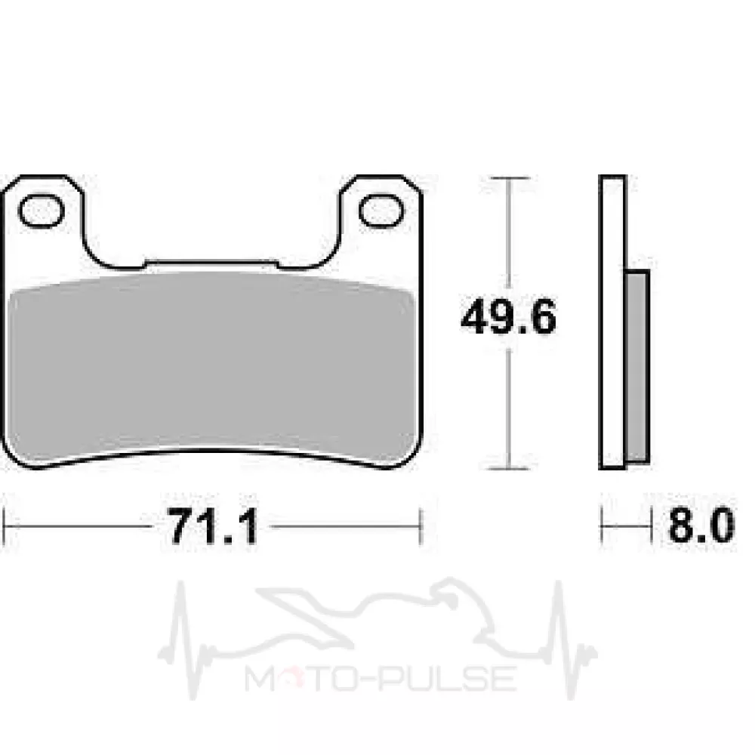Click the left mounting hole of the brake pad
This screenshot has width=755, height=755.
41,211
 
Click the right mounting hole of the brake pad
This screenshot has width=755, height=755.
381,211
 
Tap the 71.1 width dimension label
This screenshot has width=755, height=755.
214,526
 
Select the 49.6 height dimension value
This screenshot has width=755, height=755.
508,317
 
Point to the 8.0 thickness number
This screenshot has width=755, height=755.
701,525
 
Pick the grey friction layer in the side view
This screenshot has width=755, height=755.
637,367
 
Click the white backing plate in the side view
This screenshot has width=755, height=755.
612,322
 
